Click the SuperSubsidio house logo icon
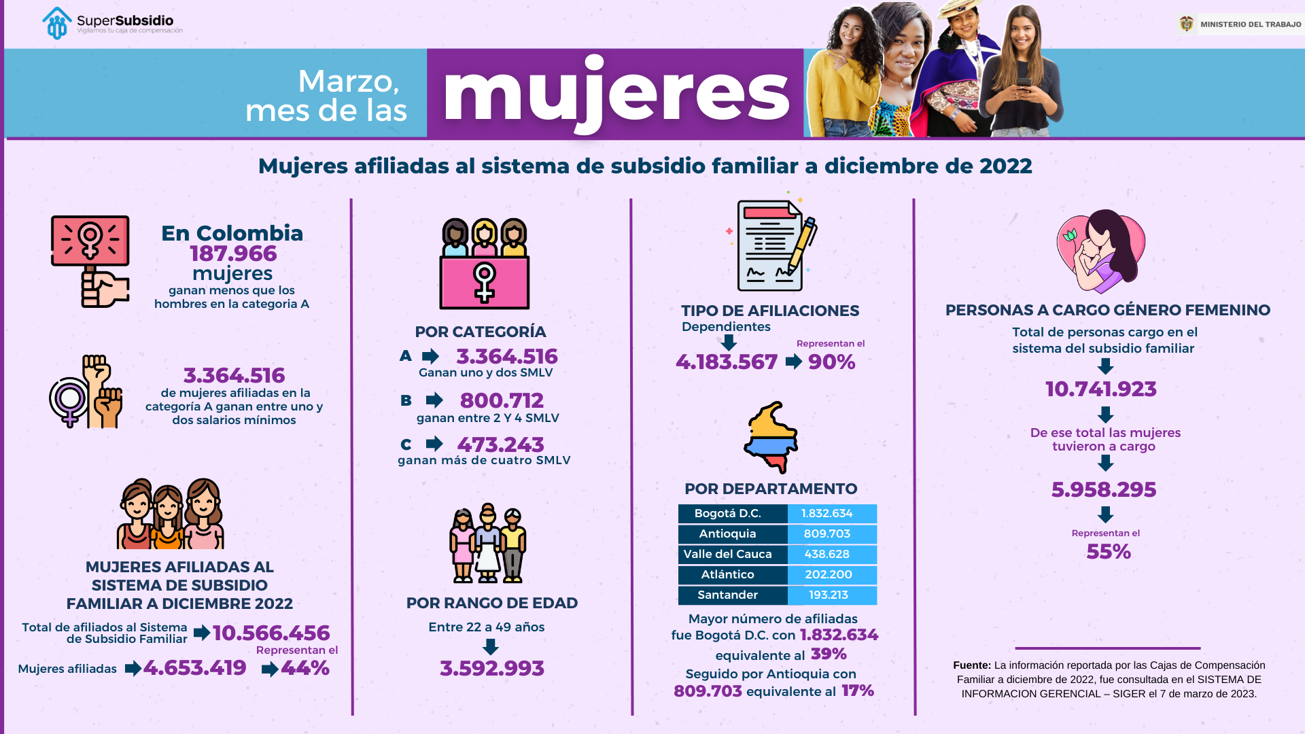tap(57, 24)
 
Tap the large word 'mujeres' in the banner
tap(616, 93)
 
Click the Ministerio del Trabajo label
tap(1250, 24)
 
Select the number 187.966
tap(233, 254)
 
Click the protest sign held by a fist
tap(90, 241)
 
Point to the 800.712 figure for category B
tap(502, 400)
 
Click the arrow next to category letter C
tap(434, 444)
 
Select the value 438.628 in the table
tap(826, 555)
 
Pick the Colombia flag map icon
tap(771, 437)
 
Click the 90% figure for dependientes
tap(831, 362)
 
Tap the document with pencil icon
tap(773, 245)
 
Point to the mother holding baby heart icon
tap(1100, 251)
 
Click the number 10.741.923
tap(1100, 389)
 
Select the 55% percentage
tap(1108, 552)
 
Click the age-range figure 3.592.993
tap(491, 669)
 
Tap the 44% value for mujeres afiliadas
tap(305, 668)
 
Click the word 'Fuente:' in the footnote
tap(972, 665)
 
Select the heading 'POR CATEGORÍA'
tap(481, 332)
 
